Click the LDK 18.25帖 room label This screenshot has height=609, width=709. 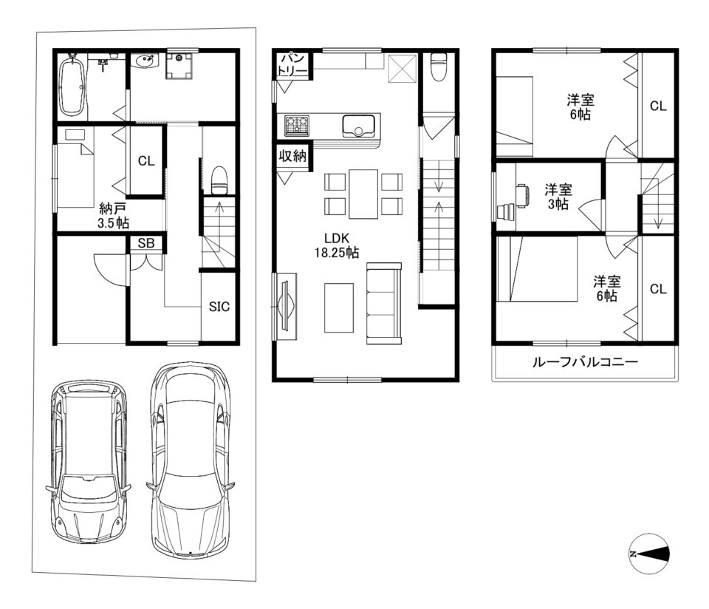coord(337,245)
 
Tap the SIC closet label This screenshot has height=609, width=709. coord(219,306)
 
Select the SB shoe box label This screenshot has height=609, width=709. coord(146,243)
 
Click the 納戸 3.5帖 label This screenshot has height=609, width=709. coord(114,215)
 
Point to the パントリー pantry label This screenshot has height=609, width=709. coord(292,65)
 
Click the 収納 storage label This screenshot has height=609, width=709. coord(292,156)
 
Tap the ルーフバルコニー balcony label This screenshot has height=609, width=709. coord(585,362)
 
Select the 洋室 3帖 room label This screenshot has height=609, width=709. coord(558,197)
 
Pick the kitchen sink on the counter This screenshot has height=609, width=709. coord(359,126)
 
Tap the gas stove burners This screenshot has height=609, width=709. coord(297,124)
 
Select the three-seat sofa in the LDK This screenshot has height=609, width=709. coord(384,303)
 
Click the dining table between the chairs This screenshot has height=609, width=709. coord(363,194)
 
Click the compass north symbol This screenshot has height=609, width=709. coord(649,554)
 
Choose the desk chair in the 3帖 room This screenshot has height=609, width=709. coord(522,195)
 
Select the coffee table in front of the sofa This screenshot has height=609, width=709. coord(339,308)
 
